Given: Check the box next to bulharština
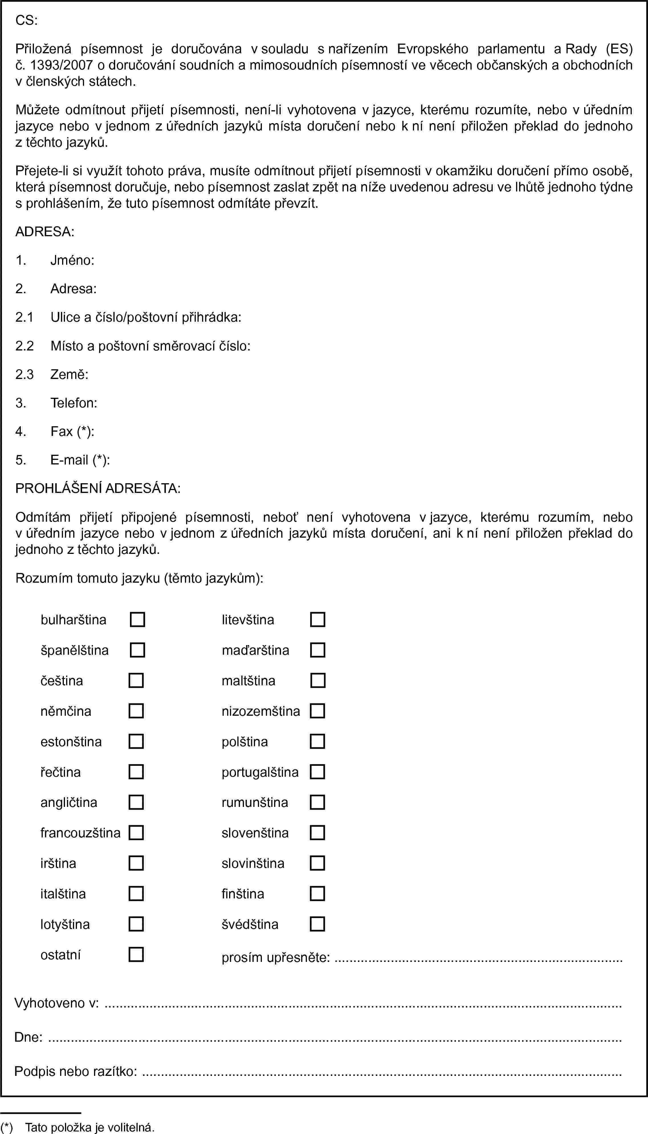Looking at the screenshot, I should click(137, 620).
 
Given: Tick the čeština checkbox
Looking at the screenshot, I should click(136, 681).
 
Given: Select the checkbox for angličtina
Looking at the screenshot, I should click(136, 802).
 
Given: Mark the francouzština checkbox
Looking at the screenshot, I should click(136, 833).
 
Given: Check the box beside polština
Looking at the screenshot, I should click(317, 742).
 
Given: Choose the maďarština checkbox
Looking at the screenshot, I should click(317, 650).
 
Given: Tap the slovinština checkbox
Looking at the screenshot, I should click(317, 863).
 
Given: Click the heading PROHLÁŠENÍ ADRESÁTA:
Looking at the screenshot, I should click(98, 488).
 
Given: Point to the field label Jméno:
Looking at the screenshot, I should click(72, 260).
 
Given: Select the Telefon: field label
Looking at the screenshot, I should click(74, 403).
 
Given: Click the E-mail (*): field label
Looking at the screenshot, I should click(80, 460).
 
